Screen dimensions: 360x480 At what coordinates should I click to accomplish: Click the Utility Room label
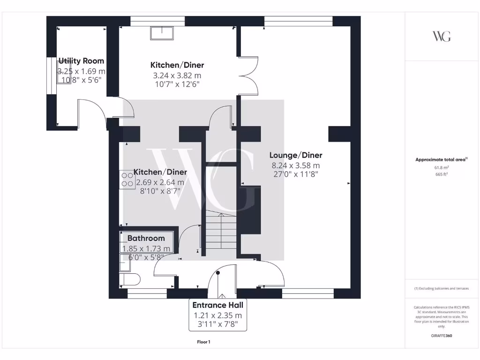tap(81, 61)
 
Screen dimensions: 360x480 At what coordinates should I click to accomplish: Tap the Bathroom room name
tap(146, 238)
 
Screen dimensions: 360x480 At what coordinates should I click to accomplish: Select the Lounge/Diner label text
tap(296, 155)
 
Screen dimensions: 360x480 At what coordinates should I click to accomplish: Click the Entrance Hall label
tap(218, 305)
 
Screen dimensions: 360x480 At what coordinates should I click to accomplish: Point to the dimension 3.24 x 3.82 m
tap(177, 75)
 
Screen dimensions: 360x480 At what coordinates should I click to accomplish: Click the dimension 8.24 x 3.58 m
tap(296, 165)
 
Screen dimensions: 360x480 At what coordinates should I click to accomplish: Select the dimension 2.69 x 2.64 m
tap(161, 182)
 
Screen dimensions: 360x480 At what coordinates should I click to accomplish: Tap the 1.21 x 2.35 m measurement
tap(218, 315)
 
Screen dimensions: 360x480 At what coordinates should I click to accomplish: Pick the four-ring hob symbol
tap(127, 178)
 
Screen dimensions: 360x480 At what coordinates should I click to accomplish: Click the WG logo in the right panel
tap(441, 37)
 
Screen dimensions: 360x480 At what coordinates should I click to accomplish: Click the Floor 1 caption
tap(203, 342)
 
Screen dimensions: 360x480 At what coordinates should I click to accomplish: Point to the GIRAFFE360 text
tap(441, 336)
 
